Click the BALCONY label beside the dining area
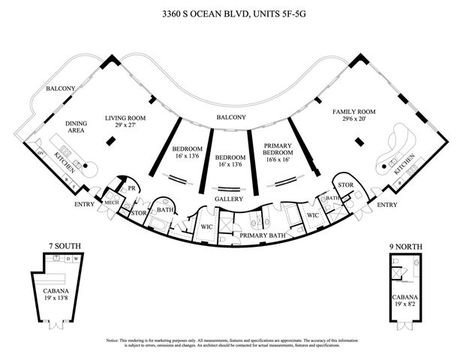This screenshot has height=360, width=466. click(x=61, y=88)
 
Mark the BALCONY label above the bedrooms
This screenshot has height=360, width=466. click(x=231, y=118)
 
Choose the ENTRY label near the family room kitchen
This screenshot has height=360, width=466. click(x=386, y=204)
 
